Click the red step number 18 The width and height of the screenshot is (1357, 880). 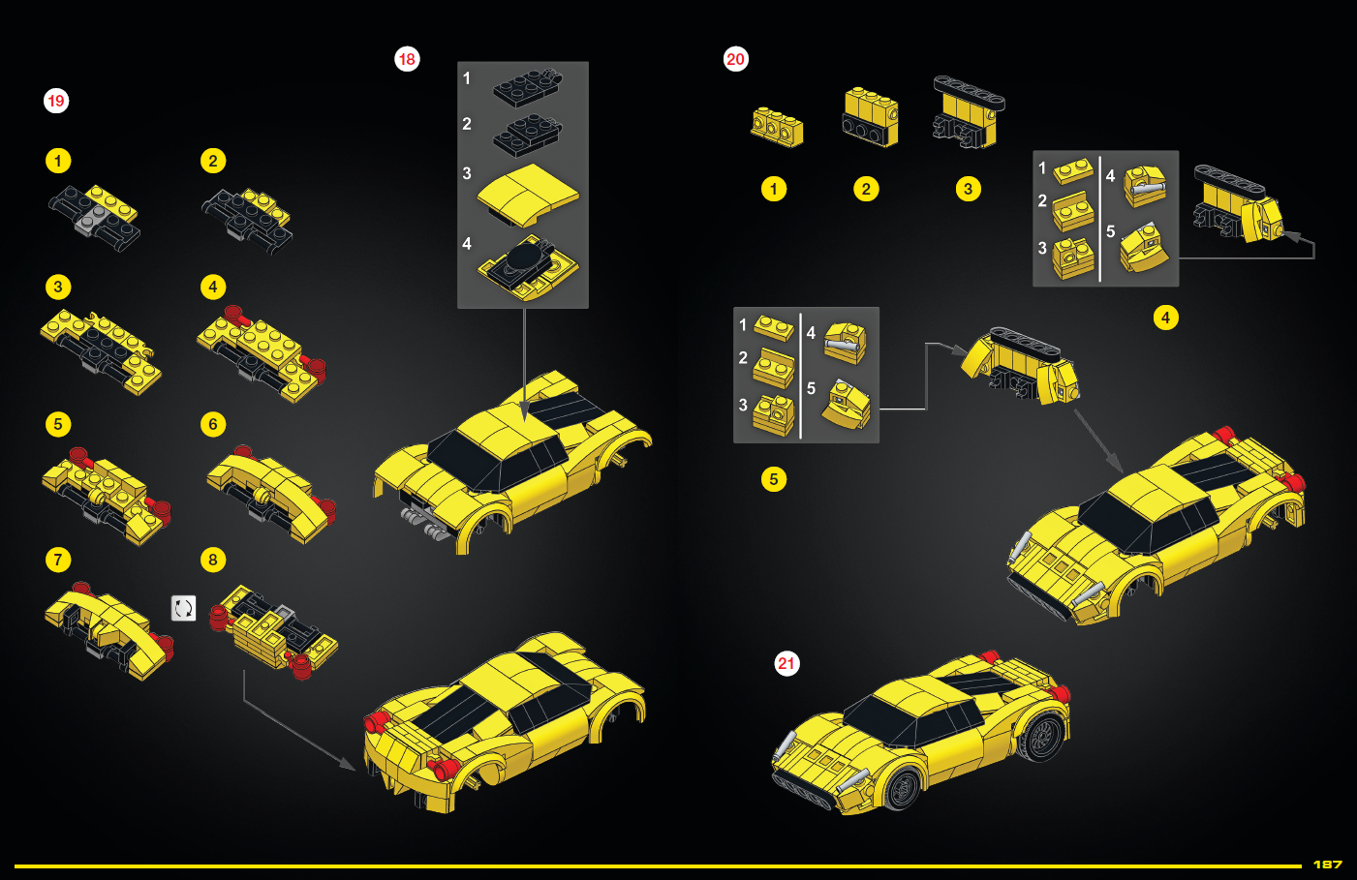407,59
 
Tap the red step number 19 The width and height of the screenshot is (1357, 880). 56,101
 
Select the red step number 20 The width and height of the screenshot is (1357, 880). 736,59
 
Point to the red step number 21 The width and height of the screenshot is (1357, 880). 786,663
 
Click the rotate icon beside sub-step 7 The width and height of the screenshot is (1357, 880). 183,608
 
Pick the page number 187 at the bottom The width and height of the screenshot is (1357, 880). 1327,864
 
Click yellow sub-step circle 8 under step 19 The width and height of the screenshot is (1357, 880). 213,560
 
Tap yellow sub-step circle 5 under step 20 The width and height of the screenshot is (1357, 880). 773,479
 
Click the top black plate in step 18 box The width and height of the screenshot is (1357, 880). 526,85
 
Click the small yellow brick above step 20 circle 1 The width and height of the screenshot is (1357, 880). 777,126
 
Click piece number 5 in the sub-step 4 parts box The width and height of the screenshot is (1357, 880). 1144,247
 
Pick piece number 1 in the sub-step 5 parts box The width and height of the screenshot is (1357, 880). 774,327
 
